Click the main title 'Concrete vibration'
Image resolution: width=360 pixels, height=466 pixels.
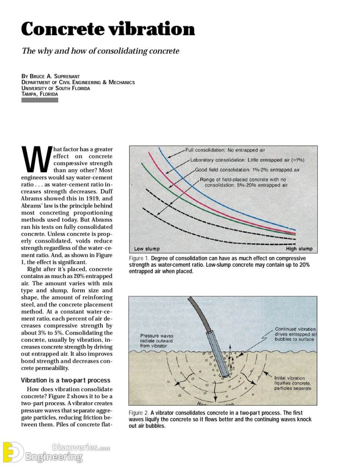[108, 30]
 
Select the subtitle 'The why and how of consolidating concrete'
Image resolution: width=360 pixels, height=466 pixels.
[100, 51]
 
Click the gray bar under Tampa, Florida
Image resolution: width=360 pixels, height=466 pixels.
[40, 100]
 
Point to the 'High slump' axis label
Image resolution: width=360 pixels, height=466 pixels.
[299, 249]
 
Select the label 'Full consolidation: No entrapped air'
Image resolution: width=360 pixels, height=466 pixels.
[225, 150]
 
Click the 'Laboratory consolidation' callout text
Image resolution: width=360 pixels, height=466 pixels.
[247, 160]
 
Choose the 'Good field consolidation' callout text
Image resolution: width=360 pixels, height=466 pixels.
[247, 170]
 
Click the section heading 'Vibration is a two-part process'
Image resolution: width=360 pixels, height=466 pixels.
[66, 380]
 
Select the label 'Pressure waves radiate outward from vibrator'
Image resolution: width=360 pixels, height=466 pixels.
[157, 341]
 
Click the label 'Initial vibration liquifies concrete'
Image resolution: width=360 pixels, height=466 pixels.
[293, 383]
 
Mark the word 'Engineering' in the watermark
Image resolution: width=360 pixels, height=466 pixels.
[54, 456]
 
